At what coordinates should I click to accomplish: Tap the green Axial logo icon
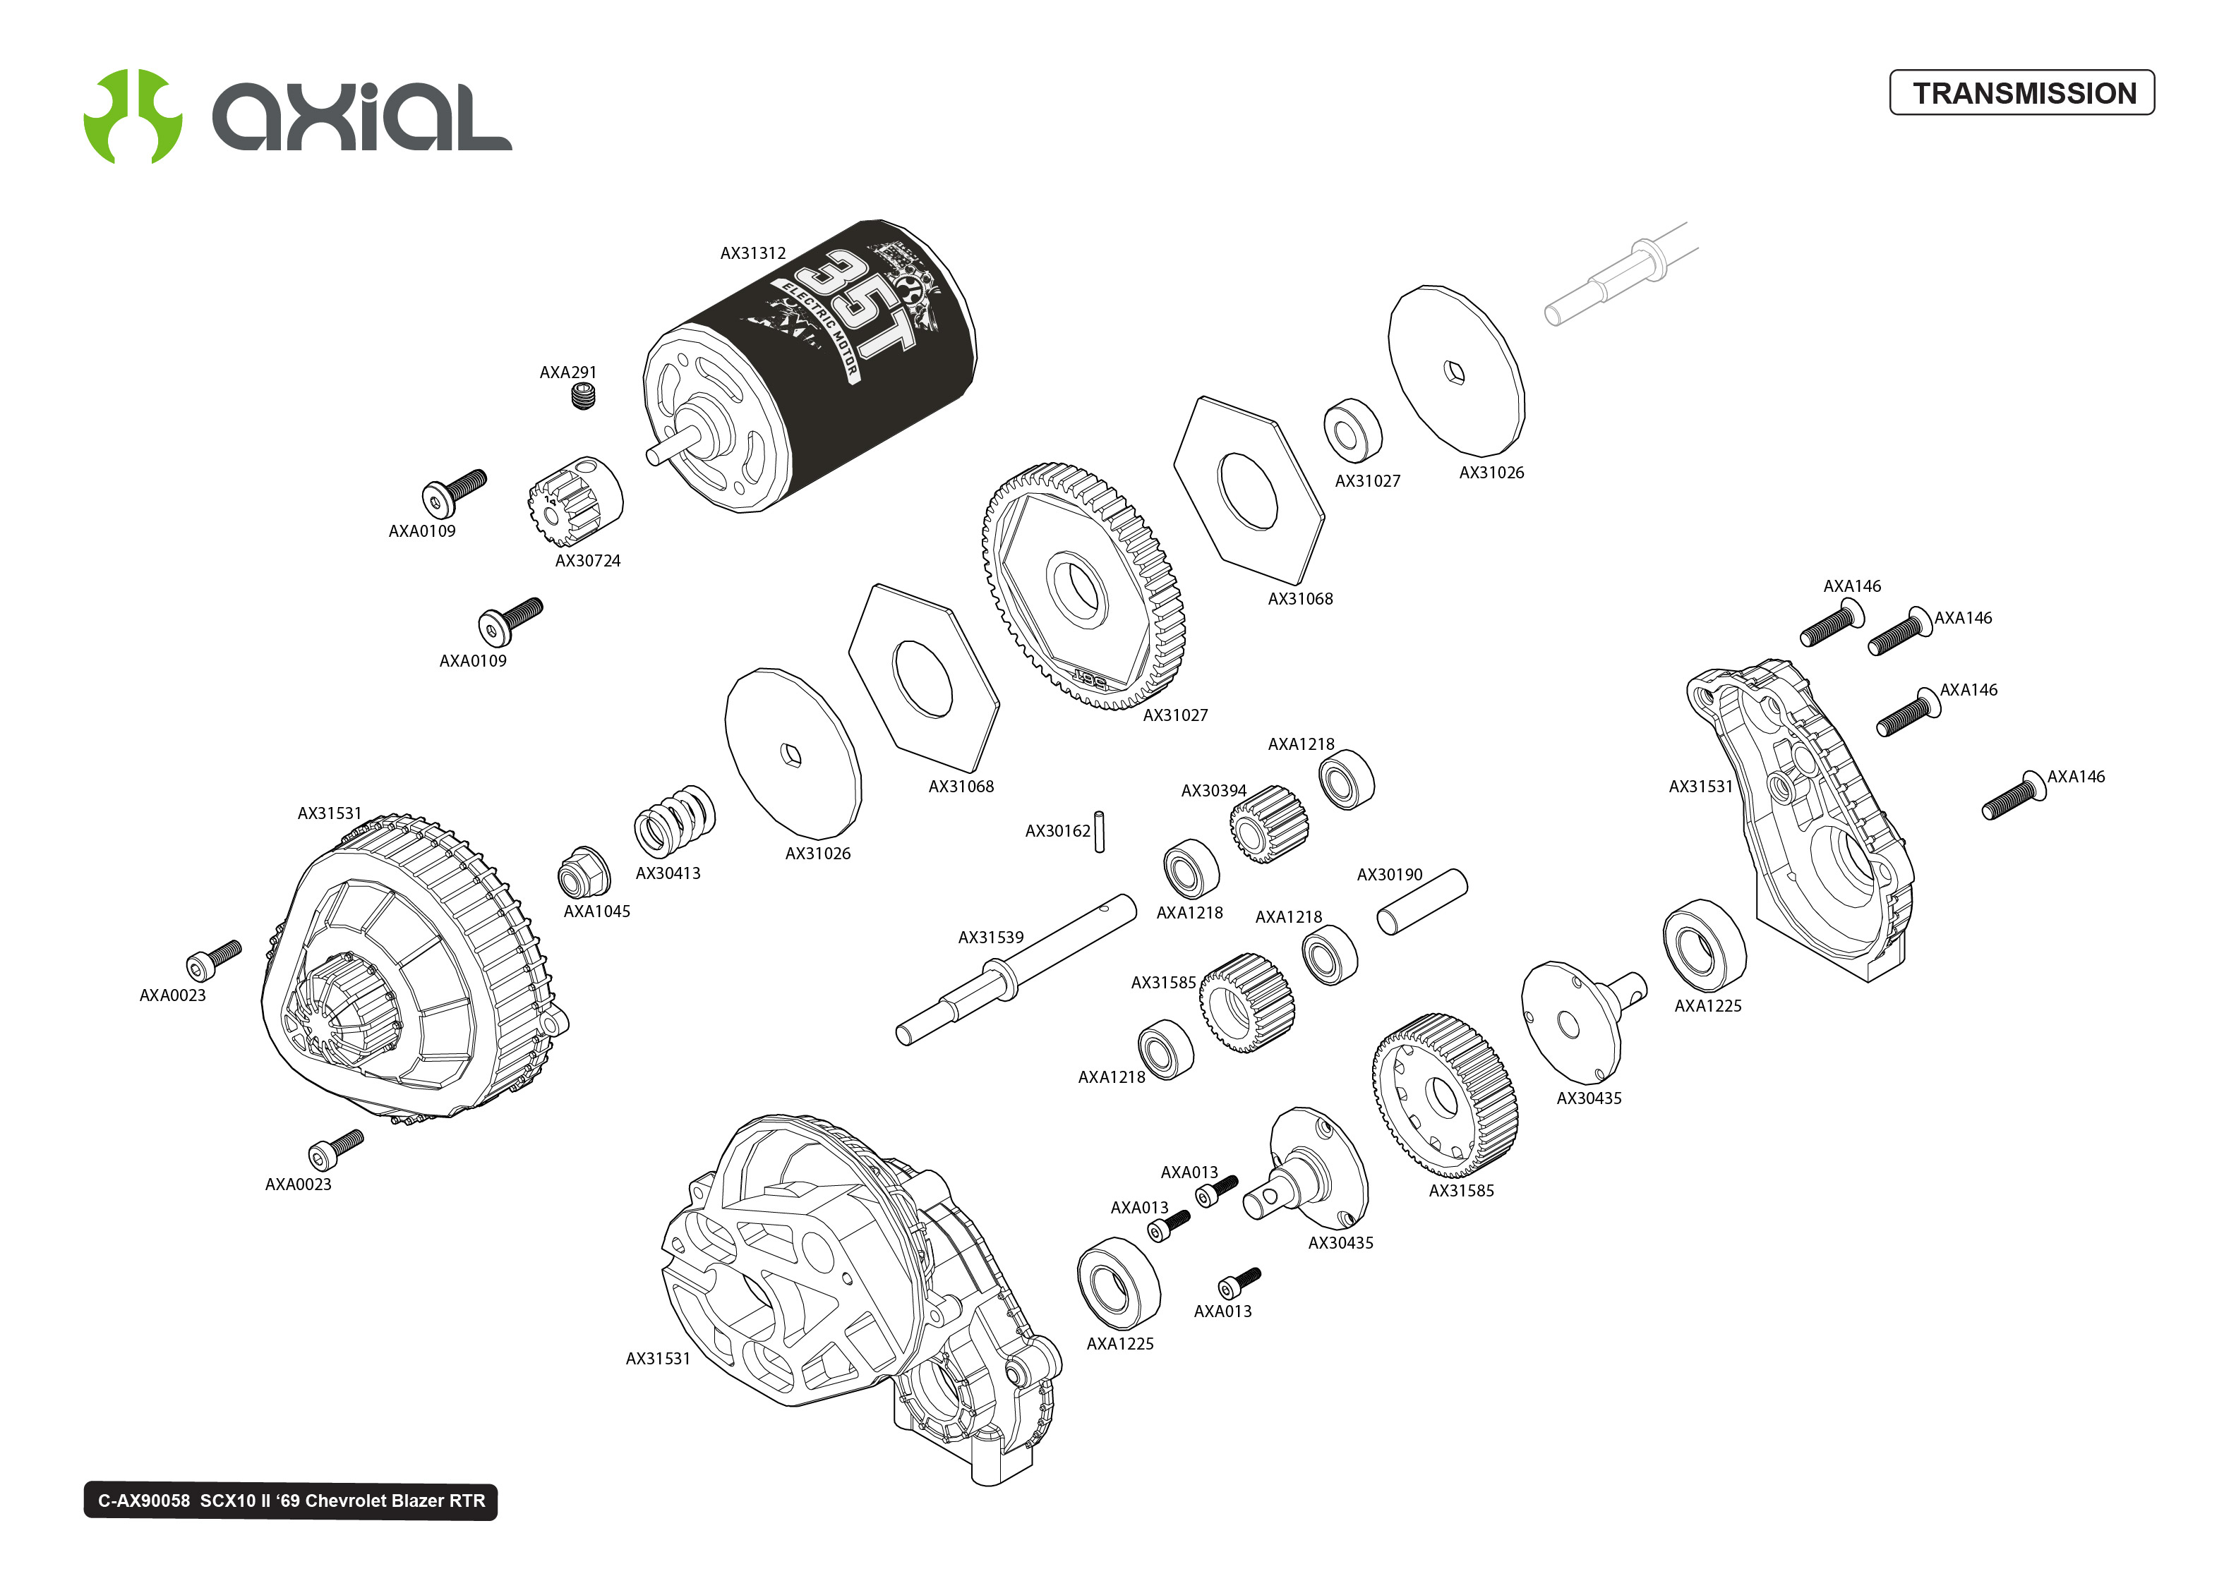tap(133, 116)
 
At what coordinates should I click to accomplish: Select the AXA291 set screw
tap(583, 396)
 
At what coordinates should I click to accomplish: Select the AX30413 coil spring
tap(675, 821)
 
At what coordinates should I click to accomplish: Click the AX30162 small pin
tap(1099, 831)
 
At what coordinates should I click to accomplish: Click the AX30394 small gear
tap(1268, 823)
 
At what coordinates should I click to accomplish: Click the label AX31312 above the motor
tap(752, 253)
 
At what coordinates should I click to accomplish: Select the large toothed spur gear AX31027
tap(1083, 587)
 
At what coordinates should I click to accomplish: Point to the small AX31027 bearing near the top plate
tap(1352, 430)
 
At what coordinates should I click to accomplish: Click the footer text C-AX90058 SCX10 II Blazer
tap(291, 1501)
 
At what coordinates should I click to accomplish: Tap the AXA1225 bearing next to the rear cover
tap(1704, 945)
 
